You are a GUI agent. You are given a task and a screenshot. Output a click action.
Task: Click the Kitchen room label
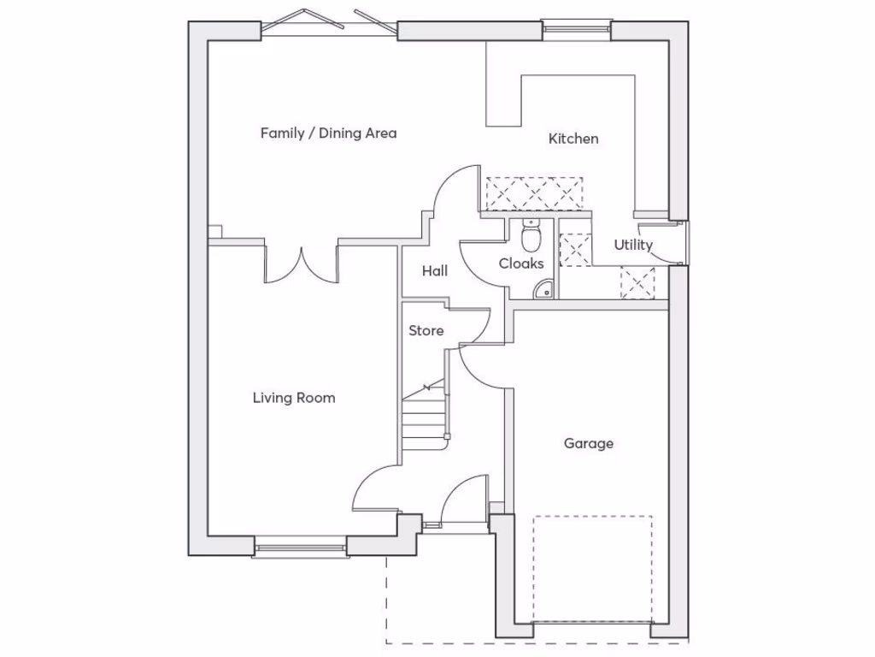573,139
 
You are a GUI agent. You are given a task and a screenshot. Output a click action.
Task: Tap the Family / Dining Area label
328,133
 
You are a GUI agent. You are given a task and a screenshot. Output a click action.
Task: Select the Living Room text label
294,398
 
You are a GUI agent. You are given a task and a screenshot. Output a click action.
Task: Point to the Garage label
589,443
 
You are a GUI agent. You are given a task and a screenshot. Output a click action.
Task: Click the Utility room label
633,246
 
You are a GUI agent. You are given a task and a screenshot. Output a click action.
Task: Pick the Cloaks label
521,263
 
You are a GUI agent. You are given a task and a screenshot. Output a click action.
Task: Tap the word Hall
435,271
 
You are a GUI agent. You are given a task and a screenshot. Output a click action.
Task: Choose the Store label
426,330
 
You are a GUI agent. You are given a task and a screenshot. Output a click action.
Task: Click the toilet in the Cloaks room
531,233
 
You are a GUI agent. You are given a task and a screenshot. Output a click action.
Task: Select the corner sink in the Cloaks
543,290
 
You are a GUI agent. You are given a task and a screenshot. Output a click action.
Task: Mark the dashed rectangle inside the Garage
592,568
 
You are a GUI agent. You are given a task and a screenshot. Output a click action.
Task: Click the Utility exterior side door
680,244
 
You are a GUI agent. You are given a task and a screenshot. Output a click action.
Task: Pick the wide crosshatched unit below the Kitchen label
534,194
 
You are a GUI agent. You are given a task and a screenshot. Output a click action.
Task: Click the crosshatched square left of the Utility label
574,249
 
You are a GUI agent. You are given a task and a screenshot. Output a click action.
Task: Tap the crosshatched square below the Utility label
637,283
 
